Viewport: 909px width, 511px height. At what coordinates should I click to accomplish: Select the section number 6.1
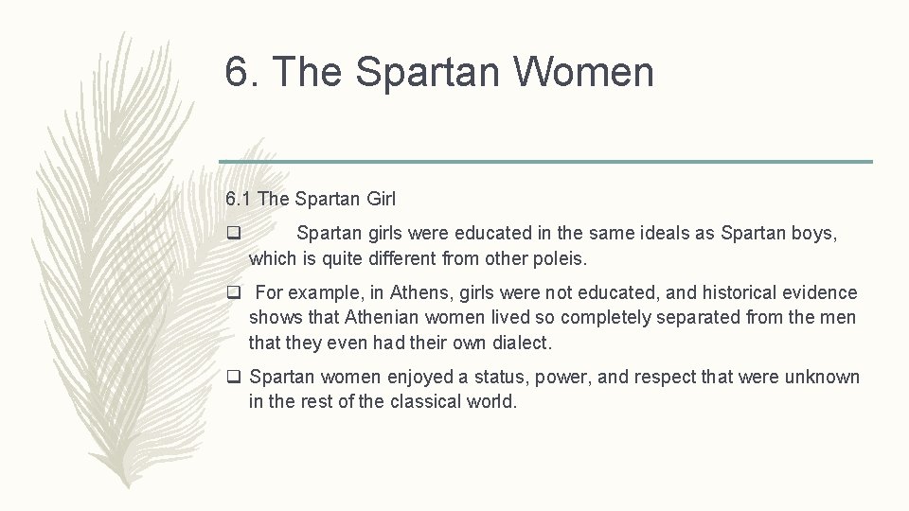(239, 199)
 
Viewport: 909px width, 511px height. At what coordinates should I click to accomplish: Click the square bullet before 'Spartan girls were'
(233, 233)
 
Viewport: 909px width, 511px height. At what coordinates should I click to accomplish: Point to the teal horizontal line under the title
(544, 161)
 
